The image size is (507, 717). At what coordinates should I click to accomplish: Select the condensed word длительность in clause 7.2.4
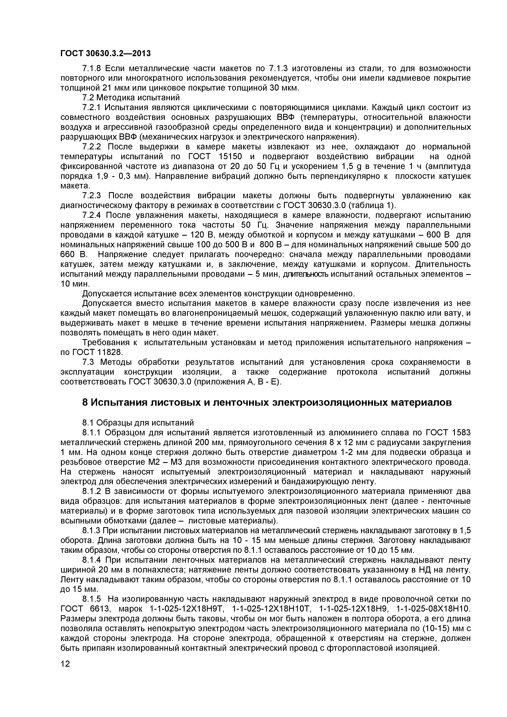(306, 274)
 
